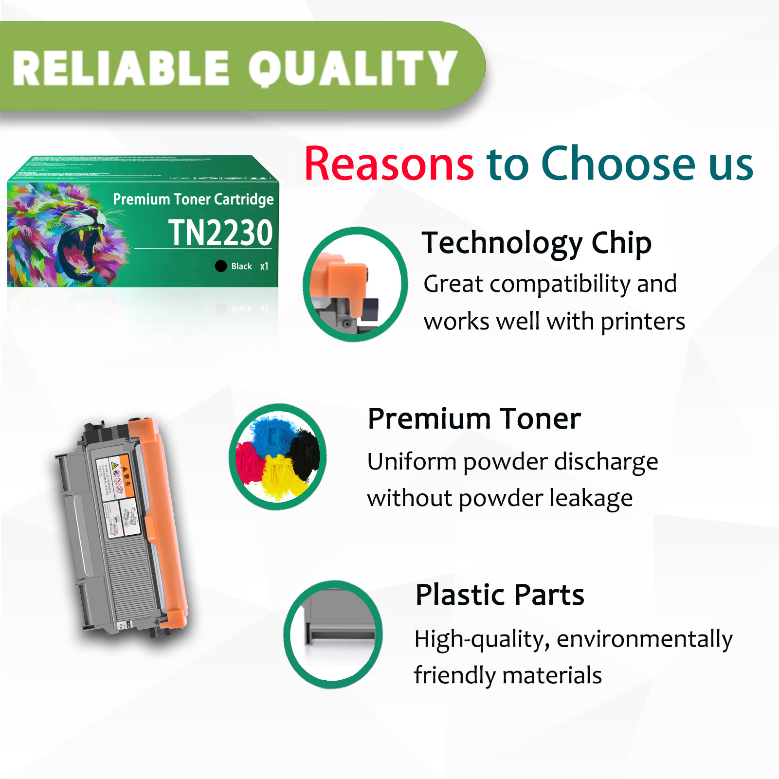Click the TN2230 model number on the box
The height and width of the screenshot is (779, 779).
[x=220, y=233]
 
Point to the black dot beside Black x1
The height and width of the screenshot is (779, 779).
[x=221, y=266]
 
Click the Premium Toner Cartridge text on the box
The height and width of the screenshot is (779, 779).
[x=193, y=199]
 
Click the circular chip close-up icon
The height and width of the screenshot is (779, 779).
[x=355, y=285]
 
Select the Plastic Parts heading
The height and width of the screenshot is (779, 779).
[x=500, y=595]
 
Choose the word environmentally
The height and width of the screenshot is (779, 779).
[x=644, y=639]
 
